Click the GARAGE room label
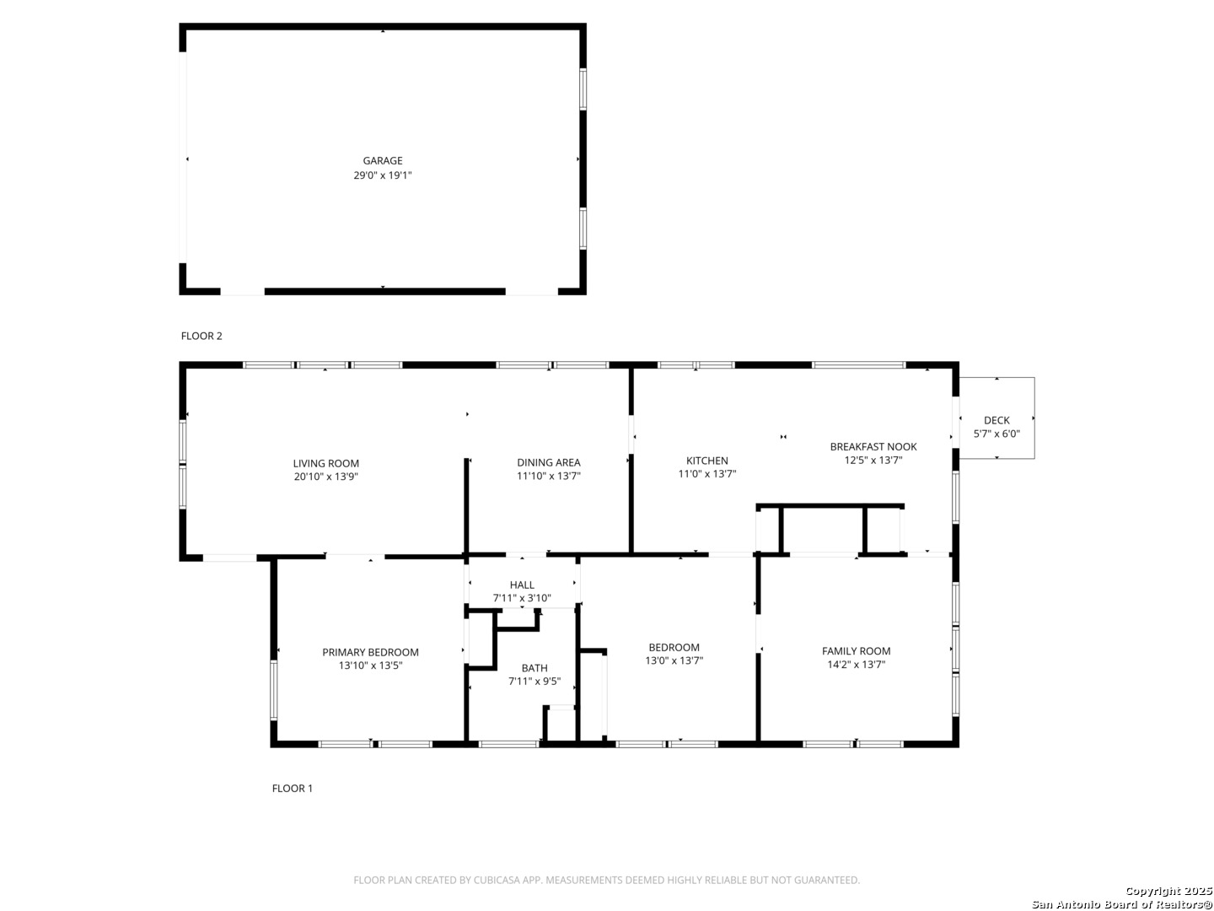click(382, 160)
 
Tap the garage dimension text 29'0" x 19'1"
click(383, 175)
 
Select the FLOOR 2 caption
click(201, 336)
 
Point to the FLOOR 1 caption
click(292, 788)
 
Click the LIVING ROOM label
click(325, 464)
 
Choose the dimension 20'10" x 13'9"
click(325, 477)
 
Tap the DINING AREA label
click(549, 462)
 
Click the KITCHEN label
click(706, 461)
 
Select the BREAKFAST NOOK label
click(873, 446)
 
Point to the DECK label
click(996, 420)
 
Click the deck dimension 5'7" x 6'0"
click(996, 434)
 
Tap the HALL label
click(522, 585)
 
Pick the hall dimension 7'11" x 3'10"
click(522, 598)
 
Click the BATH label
click(534, 668)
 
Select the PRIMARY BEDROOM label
click(371, 652)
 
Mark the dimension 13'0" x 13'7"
click(674, 660)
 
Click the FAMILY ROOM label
click(857, 651)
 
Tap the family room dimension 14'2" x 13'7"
click(857, 665)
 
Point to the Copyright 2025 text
click(1168, 891)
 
